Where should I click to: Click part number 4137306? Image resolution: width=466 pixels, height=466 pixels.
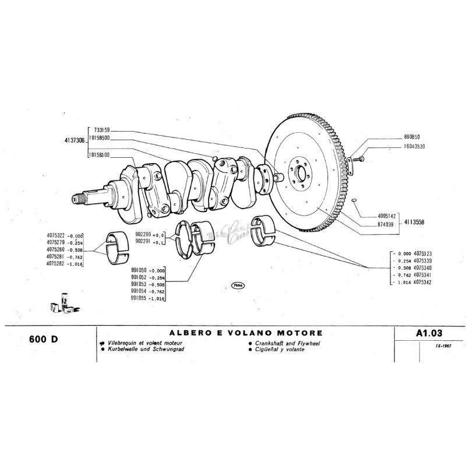[x=73, y=140]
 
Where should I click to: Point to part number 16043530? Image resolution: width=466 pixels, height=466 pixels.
[x=414, y=147]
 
